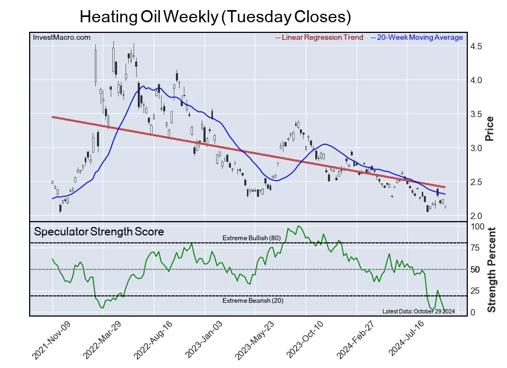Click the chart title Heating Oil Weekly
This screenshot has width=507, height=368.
point(215,16)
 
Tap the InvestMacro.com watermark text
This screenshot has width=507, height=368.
point(61,37)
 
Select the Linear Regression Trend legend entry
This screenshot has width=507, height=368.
point(319,37)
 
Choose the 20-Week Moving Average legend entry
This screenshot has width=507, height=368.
point(417,37)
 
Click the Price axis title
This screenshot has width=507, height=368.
point(490,128)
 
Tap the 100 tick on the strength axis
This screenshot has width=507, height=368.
point(478,226)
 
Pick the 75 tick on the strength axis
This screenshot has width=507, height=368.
point(476,248)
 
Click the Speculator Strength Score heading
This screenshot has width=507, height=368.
point(99,232)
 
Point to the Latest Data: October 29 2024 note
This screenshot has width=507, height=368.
point(418,311)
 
